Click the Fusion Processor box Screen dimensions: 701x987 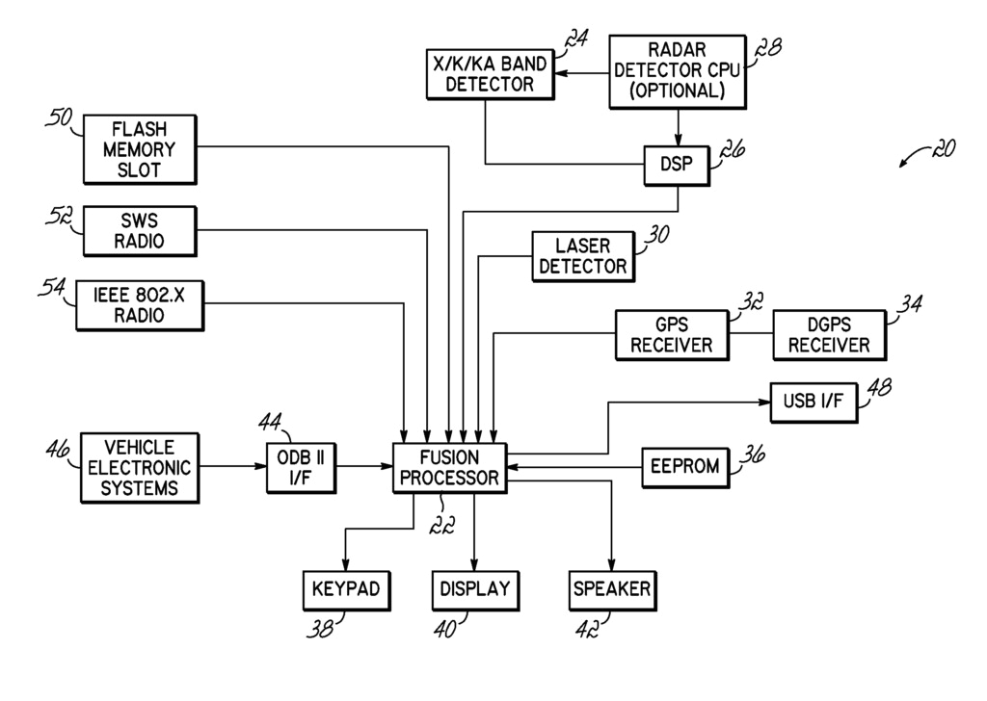click(x=450, y=467)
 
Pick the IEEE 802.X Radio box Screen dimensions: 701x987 click(x=142, y=305)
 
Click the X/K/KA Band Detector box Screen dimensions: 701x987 click(x=490, y=74)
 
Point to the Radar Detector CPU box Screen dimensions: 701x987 click(x=678, y=72)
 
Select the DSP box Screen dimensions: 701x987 click(x=676, y=164)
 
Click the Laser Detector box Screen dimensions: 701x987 click(x=582, y=256)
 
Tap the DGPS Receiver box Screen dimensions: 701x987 click(x=828, y=334)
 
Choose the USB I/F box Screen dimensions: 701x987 click(x=813, y=402)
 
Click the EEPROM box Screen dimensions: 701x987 click(x=684, y=467)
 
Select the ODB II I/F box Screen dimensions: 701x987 click(x=292, y=467)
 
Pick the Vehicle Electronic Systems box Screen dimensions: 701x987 click(x=139, y=467)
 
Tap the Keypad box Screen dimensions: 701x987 click(x=345, y=588)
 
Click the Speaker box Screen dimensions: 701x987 click(x=612, y=588)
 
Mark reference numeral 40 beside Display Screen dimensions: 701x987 click(x=444, y=631)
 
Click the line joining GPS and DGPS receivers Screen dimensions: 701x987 click(x=750, y=334)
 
